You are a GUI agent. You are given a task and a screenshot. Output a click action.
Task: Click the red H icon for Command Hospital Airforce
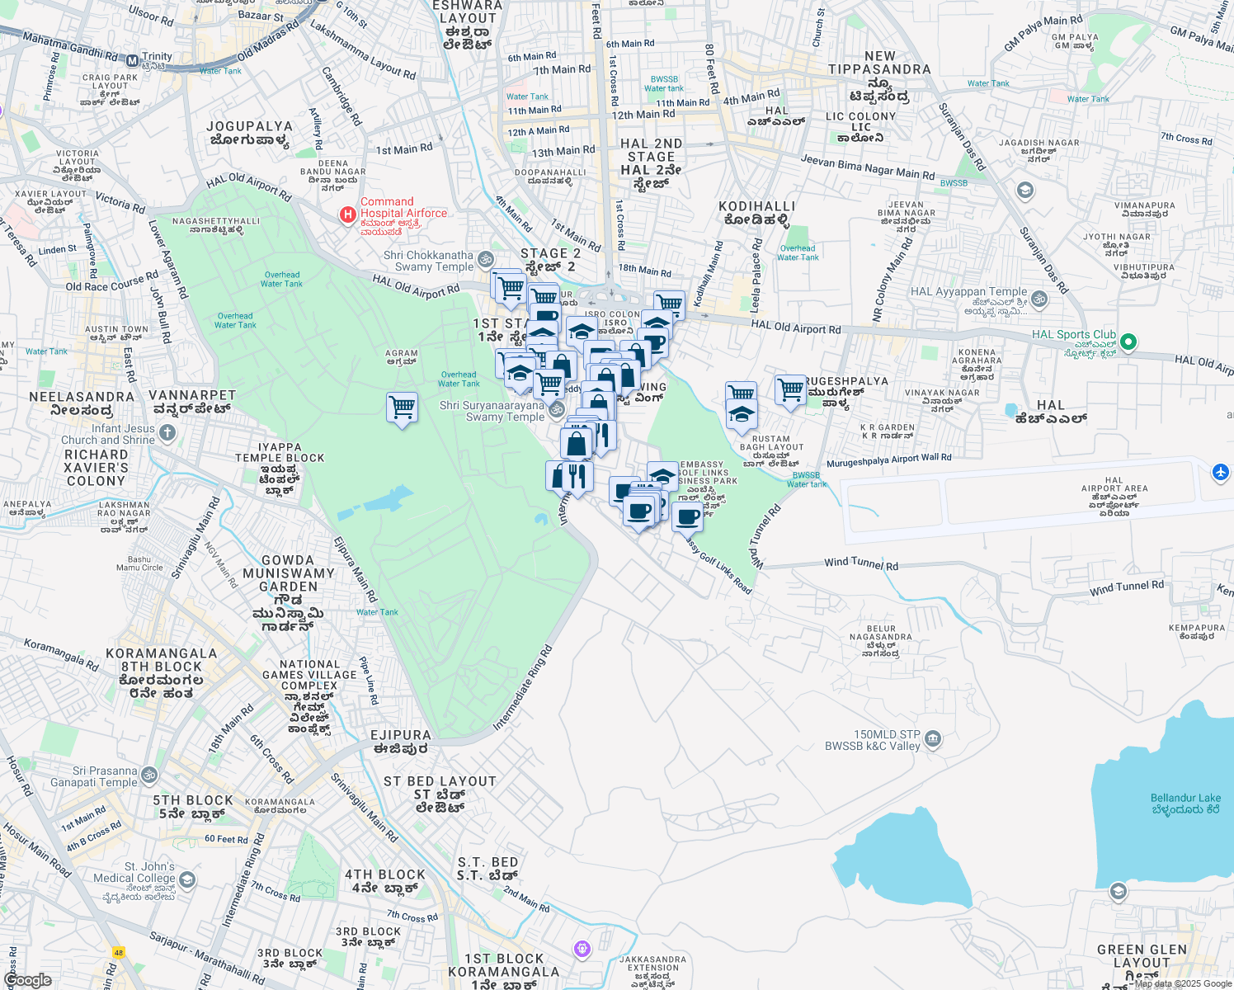pyautogui.click(x=348, y=214)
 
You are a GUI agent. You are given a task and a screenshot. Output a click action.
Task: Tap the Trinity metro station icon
pyautogui.click(x=133, y=60)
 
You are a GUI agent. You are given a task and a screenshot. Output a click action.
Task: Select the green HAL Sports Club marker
pyautogui.click(x=1129, y=342)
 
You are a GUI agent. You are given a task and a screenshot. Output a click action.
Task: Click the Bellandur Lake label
pyautogui.click(x=1185, y=804)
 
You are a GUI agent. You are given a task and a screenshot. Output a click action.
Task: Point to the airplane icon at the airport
pyautogui.click(x=1221, y=473)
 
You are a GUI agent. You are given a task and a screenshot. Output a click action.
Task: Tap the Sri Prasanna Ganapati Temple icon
pyautogui.click(x=149, y=775)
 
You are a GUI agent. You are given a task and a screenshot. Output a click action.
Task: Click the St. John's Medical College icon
pyautogui.click(x=187, y=879)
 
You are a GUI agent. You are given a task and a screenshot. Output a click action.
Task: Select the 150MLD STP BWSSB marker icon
pyautogui.click(x=933, y=738)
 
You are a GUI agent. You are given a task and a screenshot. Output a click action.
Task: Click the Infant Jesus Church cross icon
pyautogui.click(x=167, y=432)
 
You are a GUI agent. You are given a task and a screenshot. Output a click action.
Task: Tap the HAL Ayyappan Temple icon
pyautogui.click(x=1039, y=299)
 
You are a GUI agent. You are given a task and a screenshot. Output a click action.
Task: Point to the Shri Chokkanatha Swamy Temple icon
pyautogui.click(x=486, y=259)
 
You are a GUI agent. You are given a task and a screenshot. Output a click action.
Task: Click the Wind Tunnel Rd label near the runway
pyautogui.click(x=861, y=563)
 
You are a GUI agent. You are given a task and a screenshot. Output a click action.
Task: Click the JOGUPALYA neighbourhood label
pyautogui.click(x=249, y=127)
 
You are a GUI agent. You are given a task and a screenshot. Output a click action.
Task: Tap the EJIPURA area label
pyautogui.click(x=401, y=735)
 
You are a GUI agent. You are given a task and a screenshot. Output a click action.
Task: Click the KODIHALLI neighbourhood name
pyautogui.click(x=756, y=206)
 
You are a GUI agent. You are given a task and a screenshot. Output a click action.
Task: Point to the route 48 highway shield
pyautogui.click(x=119, y=953)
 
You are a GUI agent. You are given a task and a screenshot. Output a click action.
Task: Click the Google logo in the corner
pyautogui.click(x=27, y=980)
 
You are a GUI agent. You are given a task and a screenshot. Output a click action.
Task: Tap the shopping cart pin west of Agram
pyautogui.click(x=402, y=407)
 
